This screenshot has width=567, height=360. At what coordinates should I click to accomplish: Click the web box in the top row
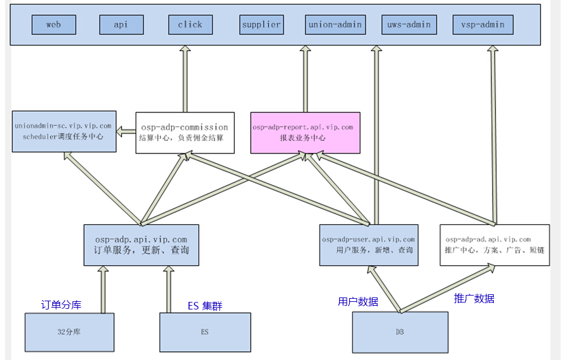(x=54, y=25)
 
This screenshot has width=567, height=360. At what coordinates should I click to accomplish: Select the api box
(x=121, y=25)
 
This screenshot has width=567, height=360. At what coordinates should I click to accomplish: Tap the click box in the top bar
(x=190, y=25)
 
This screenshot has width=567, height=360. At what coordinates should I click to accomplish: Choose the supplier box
(x=261, y=25)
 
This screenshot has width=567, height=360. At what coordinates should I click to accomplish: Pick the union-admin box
(x=335, y=25)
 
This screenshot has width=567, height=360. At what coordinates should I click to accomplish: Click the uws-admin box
(x=409, y=25)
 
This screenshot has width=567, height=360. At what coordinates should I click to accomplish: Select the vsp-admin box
(x=483, y=25)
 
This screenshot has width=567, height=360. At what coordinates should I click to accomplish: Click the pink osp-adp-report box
(x=305, y=133)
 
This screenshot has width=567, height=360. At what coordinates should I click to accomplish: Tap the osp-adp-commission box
(x=185, y=133)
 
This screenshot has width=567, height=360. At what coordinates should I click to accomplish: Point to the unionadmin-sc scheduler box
(x=64, y=131)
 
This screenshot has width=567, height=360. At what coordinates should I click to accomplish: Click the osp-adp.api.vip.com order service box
(x=141, y=245)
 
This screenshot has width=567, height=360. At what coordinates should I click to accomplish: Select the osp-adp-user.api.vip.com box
(x=369, y=245)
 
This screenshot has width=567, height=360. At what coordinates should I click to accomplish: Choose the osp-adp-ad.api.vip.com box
(x=494, y=245)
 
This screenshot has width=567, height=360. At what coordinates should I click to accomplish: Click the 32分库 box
(x=69, y=332)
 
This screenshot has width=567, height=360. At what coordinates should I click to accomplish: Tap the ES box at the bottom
(x=205, y=332)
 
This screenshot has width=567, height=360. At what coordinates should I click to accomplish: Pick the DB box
(x=400, y=332)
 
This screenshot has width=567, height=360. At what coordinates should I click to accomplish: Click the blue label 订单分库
(x=61, y=305)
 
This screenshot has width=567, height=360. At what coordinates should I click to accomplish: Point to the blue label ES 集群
(x=205, y=306)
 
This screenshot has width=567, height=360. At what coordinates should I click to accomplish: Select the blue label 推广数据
(x=474, y=299)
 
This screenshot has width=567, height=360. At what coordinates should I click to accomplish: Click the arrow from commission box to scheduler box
(x=126, y=132)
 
